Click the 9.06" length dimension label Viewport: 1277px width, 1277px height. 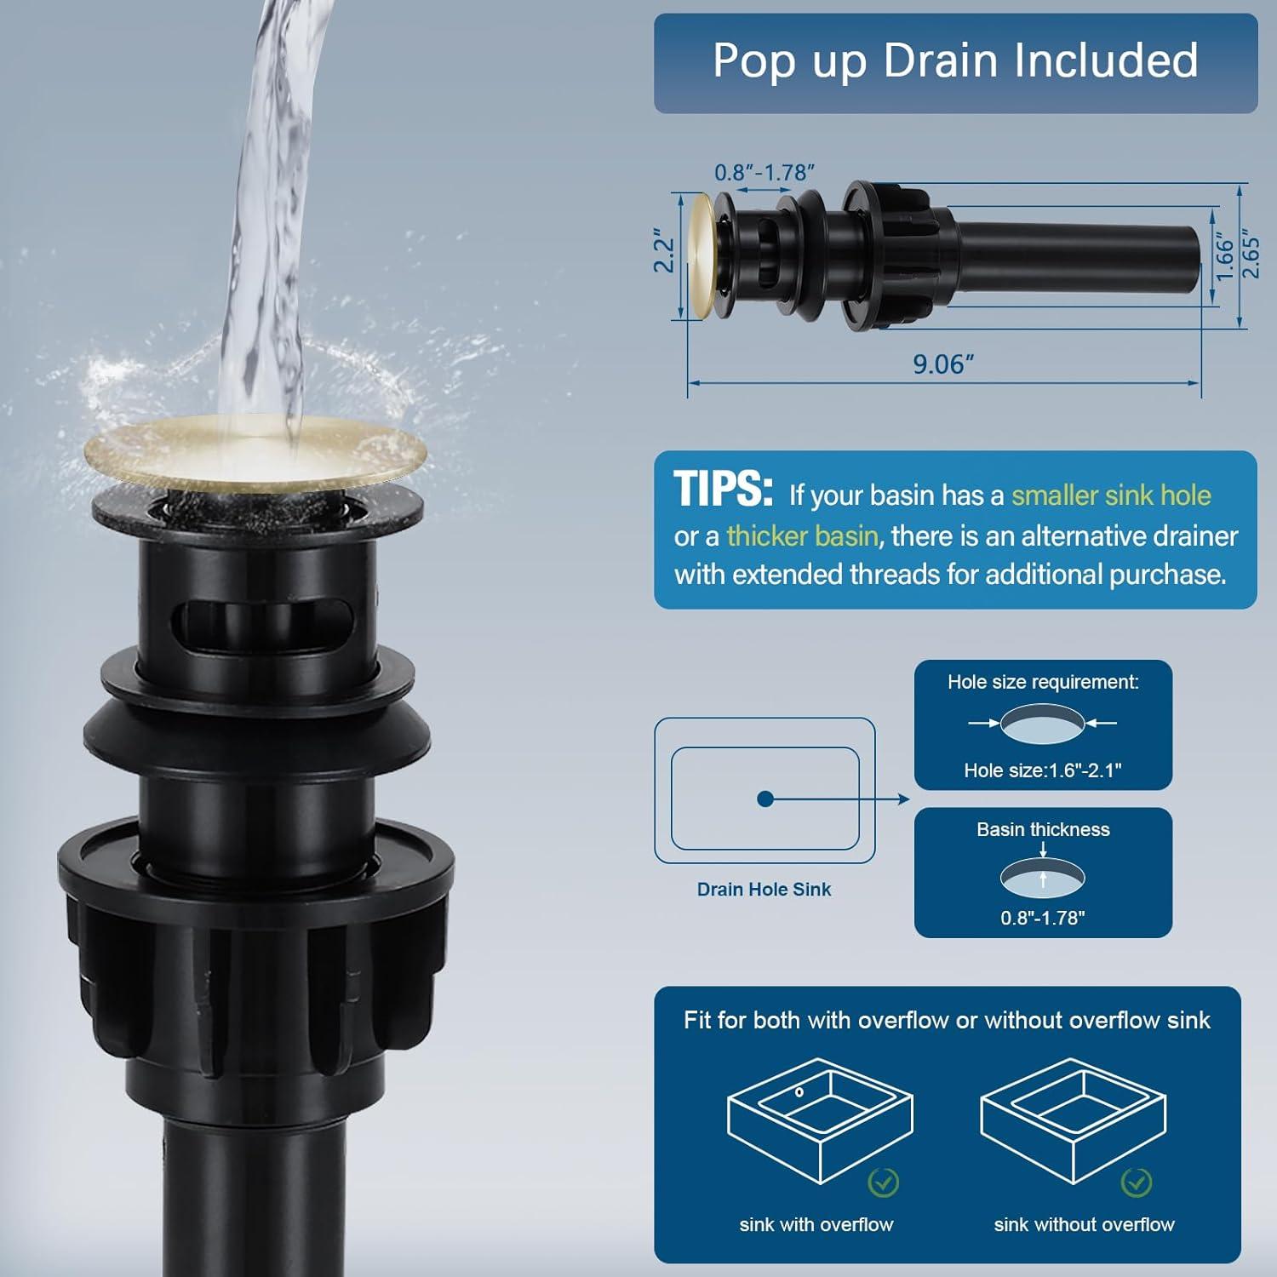tap(943, 364)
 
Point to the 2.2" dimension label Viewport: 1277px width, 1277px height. tap(663, 250)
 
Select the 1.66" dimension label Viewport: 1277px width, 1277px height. tap(1224, 256)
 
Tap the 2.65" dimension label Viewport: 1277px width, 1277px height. tap(1250, 253)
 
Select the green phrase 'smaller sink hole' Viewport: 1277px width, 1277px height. tap(1111, 495)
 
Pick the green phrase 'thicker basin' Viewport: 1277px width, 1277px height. tap(802, 535)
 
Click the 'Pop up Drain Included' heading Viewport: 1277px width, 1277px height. tap(955, 60)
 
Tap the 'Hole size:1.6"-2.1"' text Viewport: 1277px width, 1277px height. tap(1043, 770)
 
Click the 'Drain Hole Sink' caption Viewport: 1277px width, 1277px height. tap(764, 889)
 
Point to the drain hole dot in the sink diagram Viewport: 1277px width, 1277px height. tap(764, 799)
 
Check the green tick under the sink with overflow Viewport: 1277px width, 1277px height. tap(883, 1182)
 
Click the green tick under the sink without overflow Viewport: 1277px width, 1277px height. tap(1137, 1182)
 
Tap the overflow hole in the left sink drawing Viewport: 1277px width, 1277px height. tap(799, 1092)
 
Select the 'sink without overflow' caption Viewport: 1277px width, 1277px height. tap(1084, 1224)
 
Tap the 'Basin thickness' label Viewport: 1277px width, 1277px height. tap(1043, 829)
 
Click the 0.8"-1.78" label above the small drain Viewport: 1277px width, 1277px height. tap(764, 172)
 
